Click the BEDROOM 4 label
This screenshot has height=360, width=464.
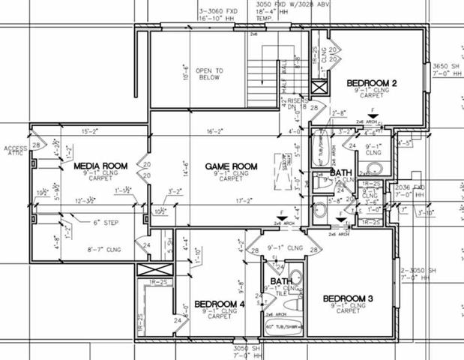[x=220, y=304]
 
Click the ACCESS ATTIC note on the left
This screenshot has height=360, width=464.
[x=15, y=151]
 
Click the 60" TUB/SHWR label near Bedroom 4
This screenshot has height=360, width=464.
[x=284, y=327]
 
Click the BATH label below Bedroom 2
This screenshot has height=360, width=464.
[x=341, y=173]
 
